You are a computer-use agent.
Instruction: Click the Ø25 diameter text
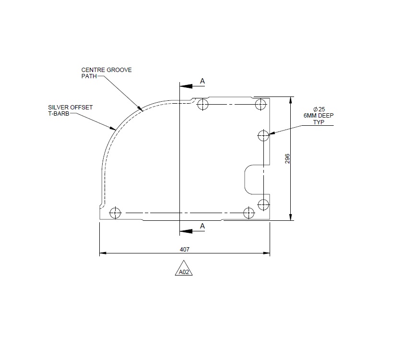click(319, 109)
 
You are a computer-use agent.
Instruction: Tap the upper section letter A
click(202, 82)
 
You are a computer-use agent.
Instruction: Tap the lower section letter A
click(202, 226)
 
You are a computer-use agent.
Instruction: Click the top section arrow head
click(185, 86)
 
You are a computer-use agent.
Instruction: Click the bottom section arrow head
click(185, 231)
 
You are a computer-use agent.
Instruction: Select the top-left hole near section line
click(203, 104)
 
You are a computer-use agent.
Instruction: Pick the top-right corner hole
click(261, 104)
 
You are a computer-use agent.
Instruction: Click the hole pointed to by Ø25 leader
click(263, 136)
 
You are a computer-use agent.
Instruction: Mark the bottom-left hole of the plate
click(115, 213)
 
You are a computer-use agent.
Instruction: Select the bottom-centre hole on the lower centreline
click(249, 213)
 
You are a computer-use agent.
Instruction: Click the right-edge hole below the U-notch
click(263, 204)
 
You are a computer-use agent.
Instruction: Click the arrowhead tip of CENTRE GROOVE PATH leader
click(142, 111)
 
